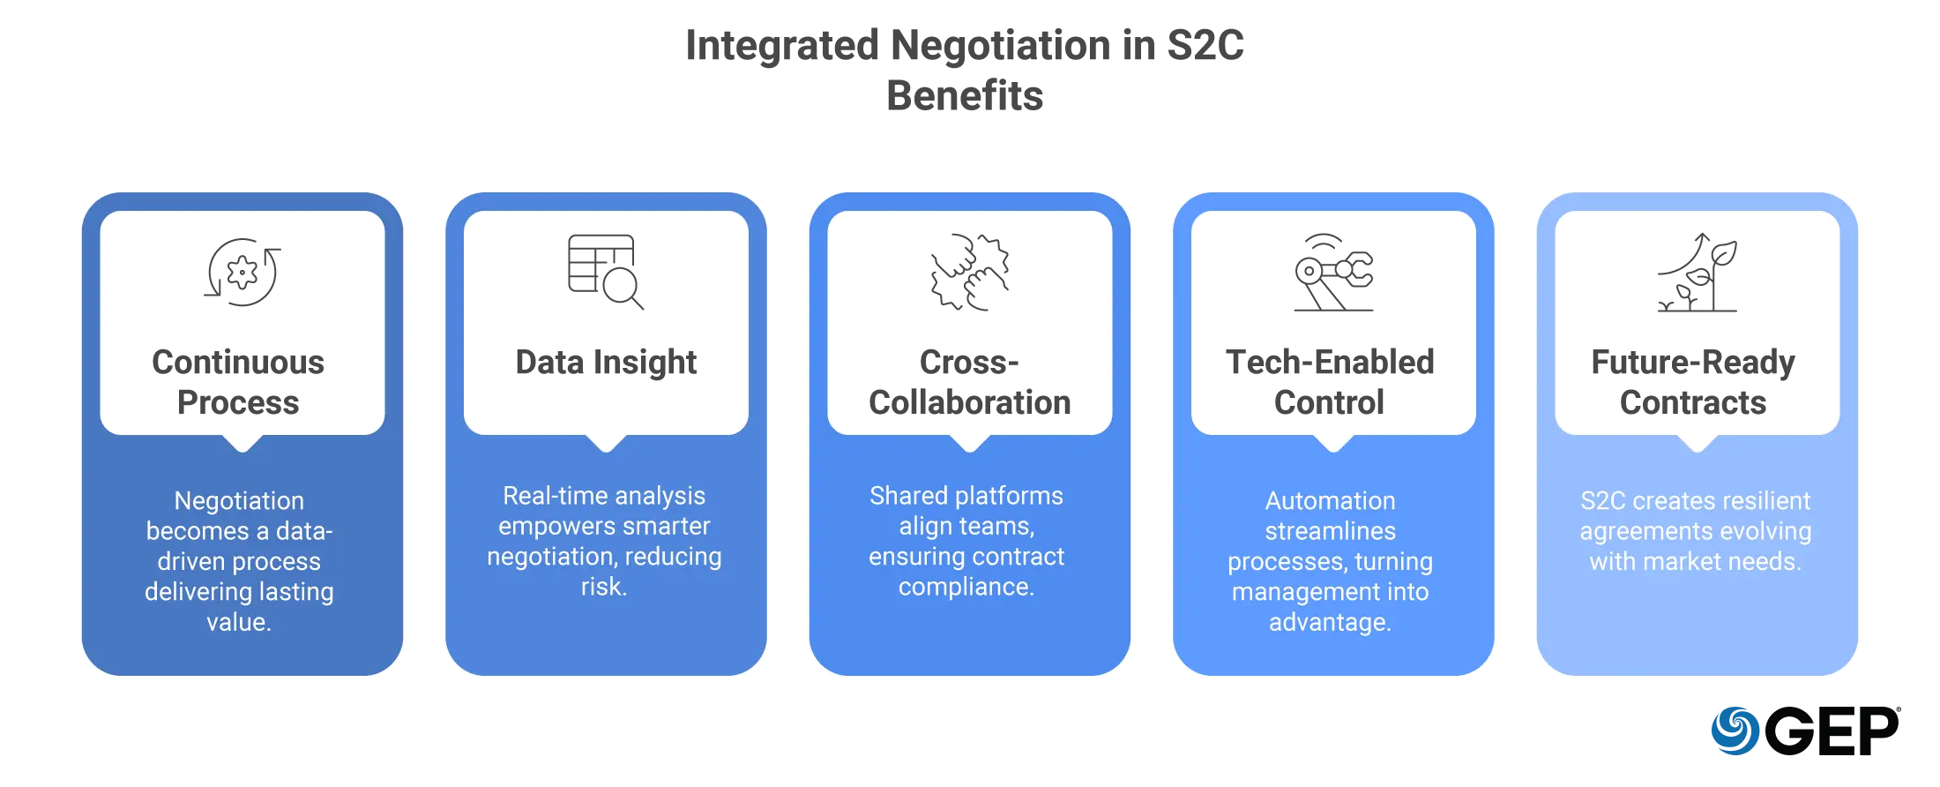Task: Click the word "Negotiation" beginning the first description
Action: [x=239, y=501]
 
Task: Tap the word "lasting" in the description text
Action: [x=295, y=592]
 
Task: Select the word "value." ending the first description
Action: [x=239, y=622]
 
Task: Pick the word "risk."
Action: [x=604, y=587]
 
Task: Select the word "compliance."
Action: [x=966, y=587]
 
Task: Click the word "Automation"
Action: [x=1331, y=501]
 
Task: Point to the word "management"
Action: [x=1290, y=592]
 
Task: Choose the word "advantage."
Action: [x=1331, y=622]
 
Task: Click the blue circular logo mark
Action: [x=1735, y=731]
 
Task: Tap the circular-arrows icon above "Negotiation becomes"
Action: [x=240, y=271]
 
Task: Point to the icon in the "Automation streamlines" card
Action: [x=1332, y=274]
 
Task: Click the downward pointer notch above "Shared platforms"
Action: [x=969, y=443]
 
